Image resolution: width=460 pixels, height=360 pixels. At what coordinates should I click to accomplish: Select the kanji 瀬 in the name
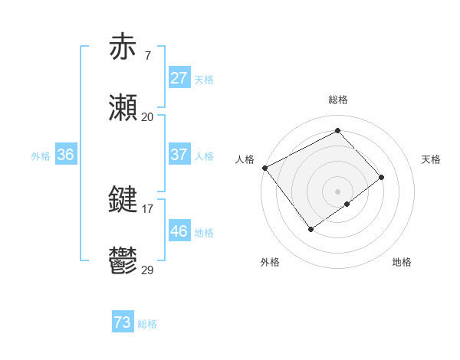pos(123,109)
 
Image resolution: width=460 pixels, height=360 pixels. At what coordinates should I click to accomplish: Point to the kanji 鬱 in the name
pos(123,261)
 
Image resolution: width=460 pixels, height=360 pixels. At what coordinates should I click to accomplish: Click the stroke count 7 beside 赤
pos(147,55)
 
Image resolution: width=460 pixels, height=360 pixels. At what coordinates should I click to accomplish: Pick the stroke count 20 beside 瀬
pos(147,117)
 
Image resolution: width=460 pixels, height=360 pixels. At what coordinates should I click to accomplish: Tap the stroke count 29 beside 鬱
pos(147,270)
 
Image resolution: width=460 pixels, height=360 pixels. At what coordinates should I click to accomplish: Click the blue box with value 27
pos(179,78)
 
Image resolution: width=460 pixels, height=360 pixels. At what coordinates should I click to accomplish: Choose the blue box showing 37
pos(179,155)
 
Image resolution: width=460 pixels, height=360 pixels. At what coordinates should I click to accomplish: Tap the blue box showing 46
pos(179,231)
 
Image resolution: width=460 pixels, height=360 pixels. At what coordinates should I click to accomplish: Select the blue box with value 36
pos(66,155)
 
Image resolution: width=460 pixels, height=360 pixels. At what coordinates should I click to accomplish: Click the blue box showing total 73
pos(123,323)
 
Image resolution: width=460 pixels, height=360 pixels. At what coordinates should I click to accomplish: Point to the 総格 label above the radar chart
pos(337,100)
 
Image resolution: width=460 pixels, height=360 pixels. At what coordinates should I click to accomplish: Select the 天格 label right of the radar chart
pos(431,159)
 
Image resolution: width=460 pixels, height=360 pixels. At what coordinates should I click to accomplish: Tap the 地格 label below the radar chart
pos(402,262)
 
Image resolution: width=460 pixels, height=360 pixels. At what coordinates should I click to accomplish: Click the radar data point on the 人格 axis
pos(264,168)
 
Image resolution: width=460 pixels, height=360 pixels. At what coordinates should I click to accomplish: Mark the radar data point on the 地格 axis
pos(347,204)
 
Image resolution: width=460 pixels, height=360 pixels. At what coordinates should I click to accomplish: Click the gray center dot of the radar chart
pos(337,191)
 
